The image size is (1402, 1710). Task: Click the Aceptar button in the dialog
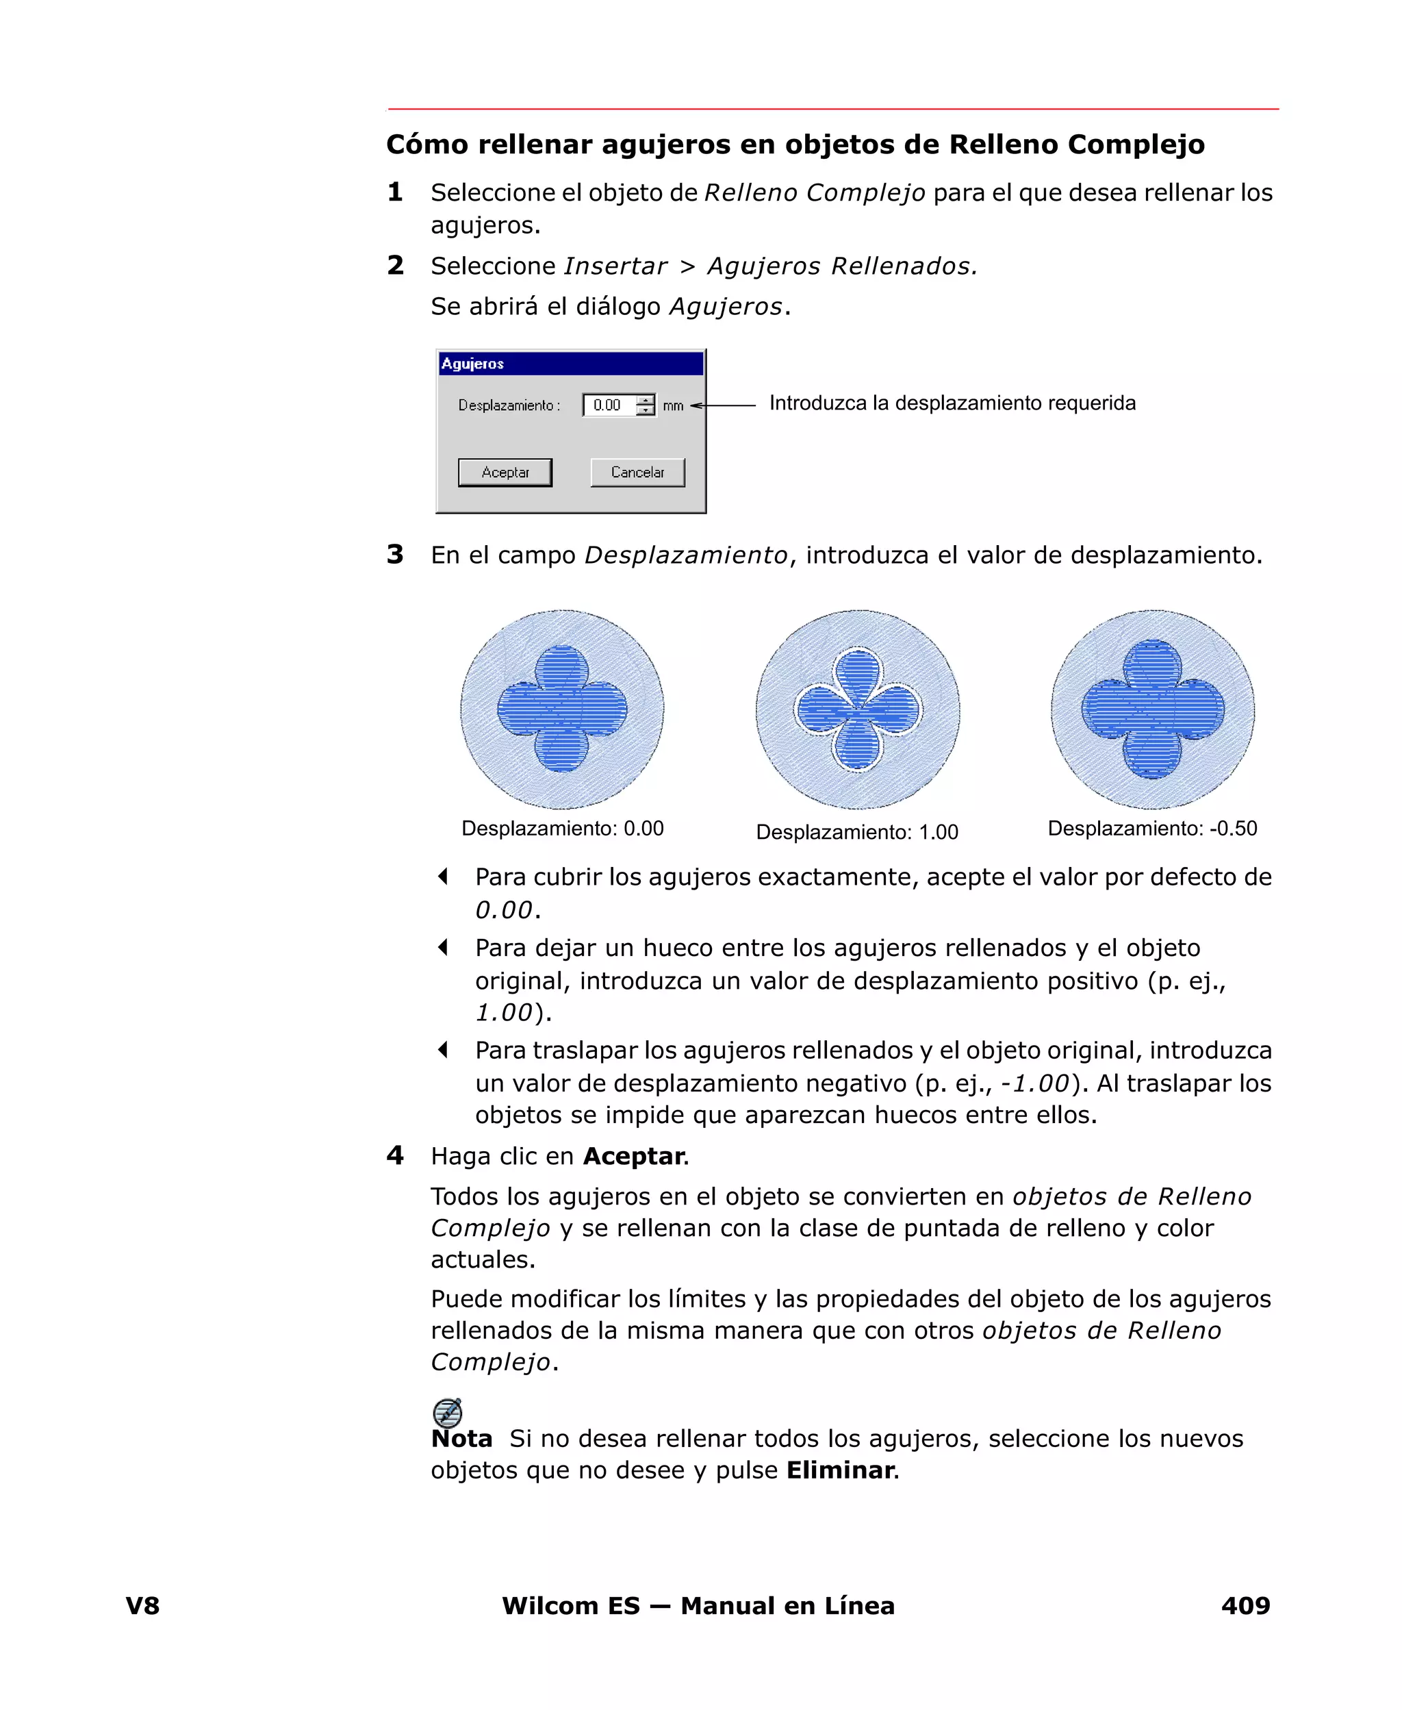[505, 473]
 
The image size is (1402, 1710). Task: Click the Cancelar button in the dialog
[637, 473]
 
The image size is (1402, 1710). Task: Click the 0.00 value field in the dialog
[608, 405]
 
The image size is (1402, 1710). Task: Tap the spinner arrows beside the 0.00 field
[646, 405]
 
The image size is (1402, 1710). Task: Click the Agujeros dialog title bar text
[472, 364]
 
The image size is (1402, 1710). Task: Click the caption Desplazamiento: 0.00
[562, 829]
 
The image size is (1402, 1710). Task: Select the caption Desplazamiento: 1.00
[857, 833]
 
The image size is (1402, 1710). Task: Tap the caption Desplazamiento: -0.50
[1151, 829]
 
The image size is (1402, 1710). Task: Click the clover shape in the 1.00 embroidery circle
[858, 710]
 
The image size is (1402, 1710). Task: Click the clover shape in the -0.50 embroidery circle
[1152, 709]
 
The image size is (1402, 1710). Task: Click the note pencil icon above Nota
[448, 1413]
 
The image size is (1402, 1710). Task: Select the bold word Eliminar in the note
[841, 1470]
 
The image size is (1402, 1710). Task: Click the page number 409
[1245, 1606]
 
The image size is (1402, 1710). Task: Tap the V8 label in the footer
[143, 1606]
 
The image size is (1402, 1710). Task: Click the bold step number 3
[395, 555]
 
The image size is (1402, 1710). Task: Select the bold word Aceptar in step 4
[634, 1157]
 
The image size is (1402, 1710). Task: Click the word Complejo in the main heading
[1136, 144]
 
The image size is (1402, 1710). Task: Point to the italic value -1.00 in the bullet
[1034, 1083]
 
